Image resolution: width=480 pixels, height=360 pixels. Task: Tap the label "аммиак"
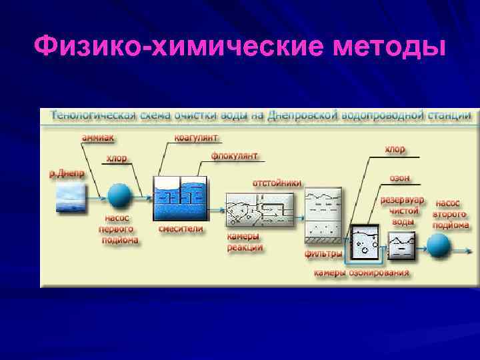pos(97,139)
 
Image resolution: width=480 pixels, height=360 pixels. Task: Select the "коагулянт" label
pos(194,139)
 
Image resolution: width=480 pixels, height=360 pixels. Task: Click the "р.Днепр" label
pos(67,173)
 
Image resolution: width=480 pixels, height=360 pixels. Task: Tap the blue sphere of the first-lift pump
pos(121,195)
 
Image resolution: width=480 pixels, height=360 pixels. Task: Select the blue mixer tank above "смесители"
pos(180,198)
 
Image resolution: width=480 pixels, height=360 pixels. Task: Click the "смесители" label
pos(181,229)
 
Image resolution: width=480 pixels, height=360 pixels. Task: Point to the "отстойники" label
pos(277,182)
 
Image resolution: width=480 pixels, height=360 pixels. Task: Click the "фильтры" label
pos(323,253)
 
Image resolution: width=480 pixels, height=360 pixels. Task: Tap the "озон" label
pos(400,179)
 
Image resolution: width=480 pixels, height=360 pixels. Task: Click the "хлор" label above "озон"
pos(395,149)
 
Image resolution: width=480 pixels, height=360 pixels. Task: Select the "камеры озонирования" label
pos(362,273)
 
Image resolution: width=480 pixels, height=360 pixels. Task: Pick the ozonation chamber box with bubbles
pos(365,244)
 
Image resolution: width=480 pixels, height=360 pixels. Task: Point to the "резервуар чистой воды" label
pos(402,210)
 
